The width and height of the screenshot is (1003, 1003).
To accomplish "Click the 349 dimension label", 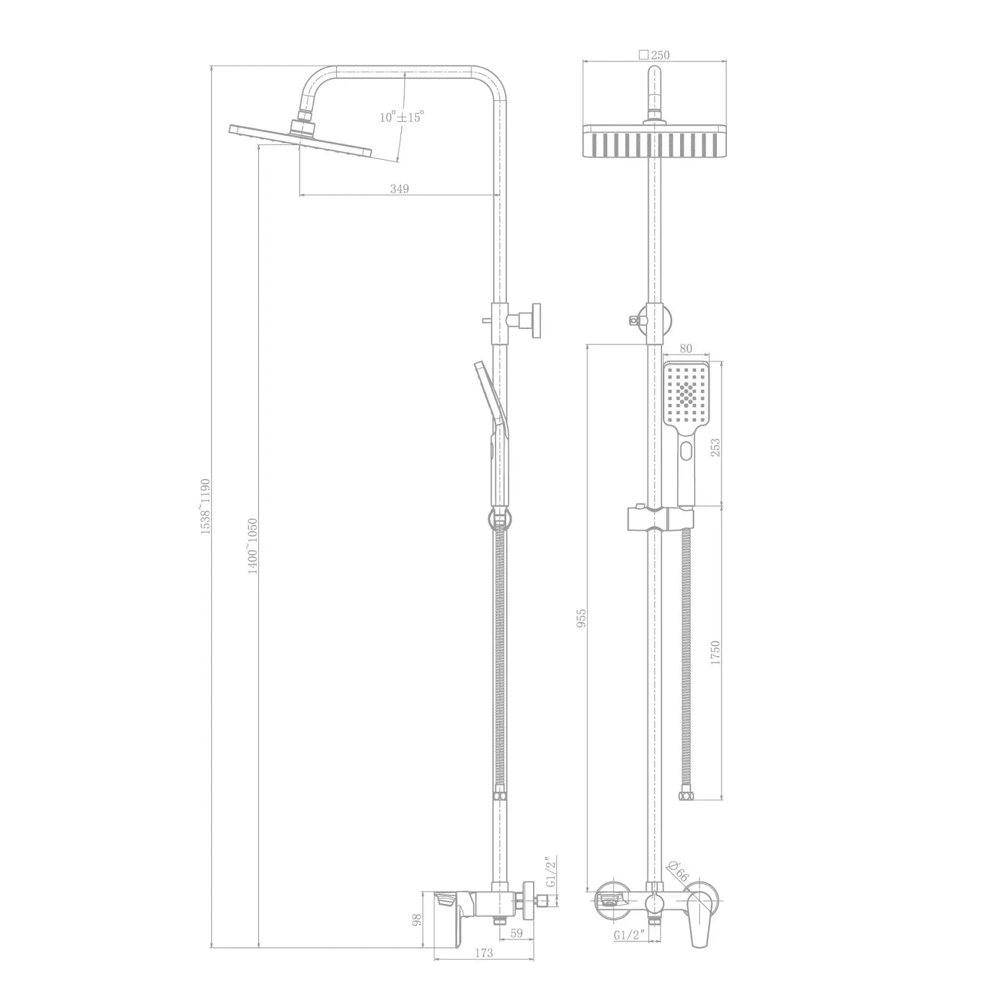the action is point(399,189).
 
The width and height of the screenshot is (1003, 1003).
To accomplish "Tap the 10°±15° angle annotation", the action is point(402,117).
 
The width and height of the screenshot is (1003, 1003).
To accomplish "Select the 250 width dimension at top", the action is point(654,55).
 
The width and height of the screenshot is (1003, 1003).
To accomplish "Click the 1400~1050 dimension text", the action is point(252,546).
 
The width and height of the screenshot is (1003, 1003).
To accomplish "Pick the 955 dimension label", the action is point(582,618).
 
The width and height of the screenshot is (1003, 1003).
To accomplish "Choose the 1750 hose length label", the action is point(715,652).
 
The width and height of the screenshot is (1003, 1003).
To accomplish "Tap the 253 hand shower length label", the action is point(715,447).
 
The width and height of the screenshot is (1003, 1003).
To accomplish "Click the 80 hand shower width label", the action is point(685,348).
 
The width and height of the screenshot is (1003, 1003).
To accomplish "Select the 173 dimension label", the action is point(483,953).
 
